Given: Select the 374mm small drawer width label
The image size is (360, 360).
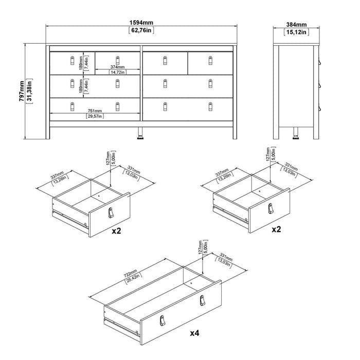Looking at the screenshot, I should pos(118,66).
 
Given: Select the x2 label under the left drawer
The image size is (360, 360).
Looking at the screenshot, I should pos(116,231).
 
